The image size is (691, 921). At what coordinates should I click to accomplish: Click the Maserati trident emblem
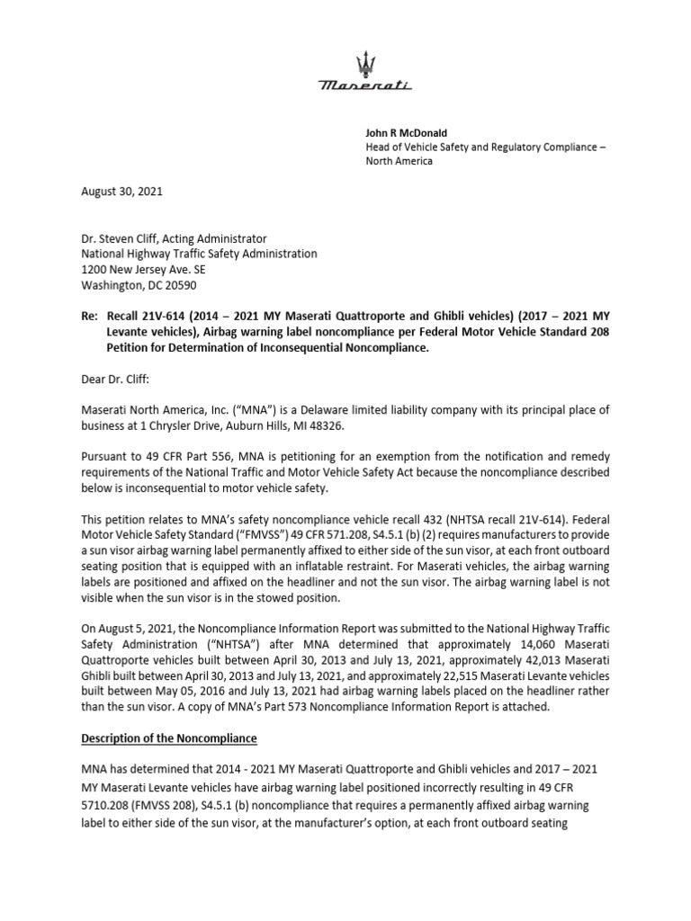tap(365, 64)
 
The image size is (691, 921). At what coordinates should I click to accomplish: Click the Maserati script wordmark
tap(365, 85)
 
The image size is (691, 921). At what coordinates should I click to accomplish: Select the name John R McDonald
tap(406, 132)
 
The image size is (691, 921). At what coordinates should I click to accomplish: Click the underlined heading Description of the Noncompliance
tap(169, 739)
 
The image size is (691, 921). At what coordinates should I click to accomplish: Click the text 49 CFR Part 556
tap(189, 456)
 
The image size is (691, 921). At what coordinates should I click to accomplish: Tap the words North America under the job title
tap(398, 161)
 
